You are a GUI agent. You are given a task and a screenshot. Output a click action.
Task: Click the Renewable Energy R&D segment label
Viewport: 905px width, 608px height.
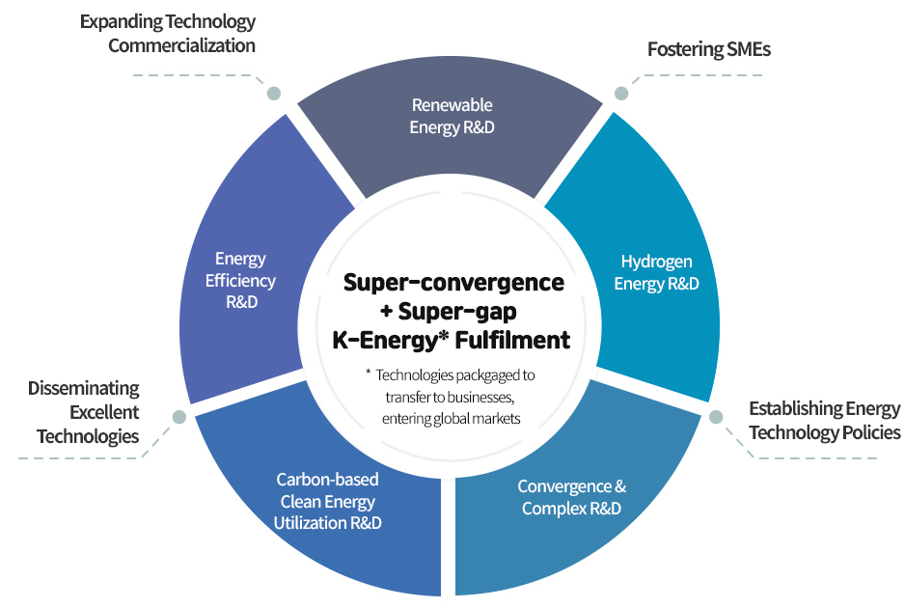pos(452,116)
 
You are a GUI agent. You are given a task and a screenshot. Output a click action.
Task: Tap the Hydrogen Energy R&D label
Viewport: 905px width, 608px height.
pos(656,272)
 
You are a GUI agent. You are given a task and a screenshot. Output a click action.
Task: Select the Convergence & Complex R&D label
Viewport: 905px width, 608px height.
pos(571,497)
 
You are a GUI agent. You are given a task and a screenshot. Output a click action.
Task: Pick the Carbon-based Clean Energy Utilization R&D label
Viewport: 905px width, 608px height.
pos(327,501)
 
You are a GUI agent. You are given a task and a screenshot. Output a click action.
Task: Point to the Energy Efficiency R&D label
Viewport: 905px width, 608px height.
pos(240,280)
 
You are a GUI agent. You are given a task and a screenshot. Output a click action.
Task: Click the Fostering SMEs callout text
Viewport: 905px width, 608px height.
pos(709,49)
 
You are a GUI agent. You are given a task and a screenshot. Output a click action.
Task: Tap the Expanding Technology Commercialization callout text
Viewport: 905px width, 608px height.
pos(168,34)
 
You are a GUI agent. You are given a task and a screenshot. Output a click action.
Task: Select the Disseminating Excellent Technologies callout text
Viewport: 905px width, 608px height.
pos(84,412)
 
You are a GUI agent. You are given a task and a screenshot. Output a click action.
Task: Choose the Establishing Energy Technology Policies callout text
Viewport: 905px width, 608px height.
pos(825,421)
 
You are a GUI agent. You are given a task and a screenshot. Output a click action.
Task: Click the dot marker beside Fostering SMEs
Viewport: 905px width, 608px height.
pos(621,93)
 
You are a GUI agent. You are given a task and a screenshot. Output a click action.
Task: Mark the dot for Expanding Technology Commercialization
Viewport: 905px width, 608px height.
pos(274,93)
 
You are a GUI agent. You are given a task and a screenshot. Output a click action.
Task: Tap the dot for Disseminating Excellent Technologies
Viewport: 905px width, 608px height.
pos(179,417)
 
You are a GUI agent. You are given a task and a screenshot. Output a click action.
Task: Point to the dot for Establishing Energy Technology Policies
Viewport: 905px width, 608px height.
pos(716,417)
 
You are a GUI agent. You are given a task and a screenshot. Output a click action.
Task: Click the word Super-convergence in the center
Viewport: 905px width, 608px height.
pos(453,283)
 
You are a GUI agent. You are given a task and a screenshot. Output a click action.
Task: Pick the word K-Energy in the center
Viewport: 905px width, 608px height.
pos(387,340)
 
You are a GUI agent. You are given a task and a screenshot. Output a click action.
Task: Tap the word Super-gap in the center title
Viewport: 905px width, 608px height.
pos(457,311)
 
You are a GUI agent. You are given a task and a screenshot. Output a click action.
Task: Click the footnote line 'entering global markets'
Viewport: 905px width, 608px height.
pos(452,419)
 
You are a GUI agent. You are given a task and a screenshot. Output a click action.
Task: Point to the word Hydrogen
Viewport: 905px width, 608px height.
pos(656,263)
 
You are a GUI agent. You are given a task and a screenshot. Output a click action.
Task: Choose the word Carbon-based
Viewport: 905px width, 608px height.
pos(327,480)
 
